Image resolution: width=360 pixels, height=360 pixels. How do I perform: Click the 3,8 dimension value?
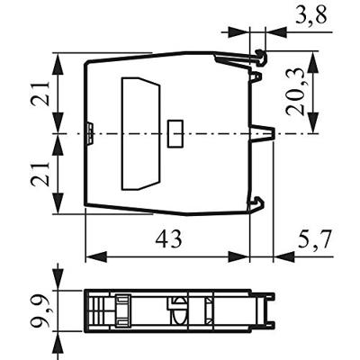pos(311,15)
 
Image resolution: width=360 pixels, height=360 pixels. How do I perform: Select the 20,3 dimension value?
pos(295,92)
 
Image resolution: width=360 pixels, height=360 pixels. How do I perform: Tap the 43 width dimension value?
pos(169,239)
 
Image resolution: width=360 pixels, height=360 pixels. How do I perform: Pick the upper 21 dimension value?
pos(40,93)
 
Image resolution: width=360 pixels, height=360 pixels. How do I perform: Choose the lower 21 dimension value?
pos(40,174)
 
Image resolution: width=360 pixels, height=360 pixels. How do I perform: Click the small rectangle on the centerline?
pos(175,133)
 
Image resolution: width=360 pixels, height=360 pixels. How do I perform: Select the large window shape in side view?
pos(140,134)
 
